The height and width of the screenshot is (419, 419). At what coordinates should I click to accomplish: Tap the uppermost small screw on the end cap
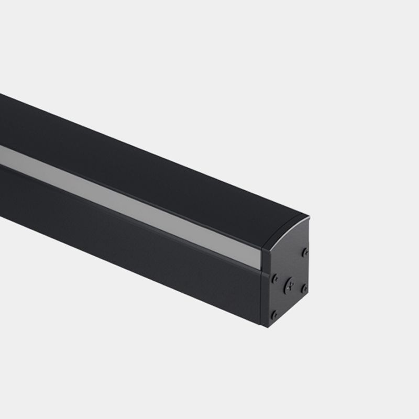305,252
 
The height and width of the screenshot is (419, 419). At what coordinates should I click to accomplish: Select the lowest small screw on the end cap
274,315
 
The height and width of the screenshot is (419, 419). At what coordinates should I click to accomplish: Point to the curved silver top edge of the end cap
285,230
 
